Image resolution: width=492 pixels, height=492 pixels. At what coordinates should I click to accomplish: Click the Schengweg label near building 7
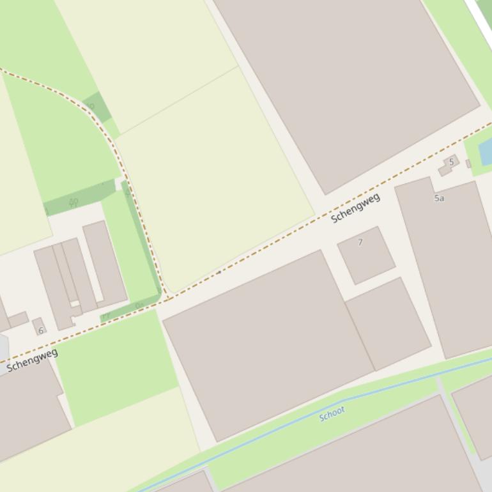click(x=355, y=208)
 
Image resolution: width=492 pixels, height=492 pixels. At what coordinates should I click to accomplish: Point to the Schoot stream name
click(x=332, y=413)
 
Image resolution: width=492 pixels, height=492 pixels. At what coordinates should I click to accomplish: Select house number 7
click(x=360, y=242)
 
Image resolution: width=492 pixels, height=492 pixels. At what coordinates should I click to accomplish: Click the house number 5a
click(x=439, y=198)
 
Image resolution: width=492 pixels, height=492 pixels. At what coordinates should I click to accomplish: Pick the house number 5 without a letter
click(x=451, y=162)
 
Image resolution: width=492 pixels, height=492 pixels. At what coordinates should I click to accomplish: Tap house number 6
click(x=41, y=330)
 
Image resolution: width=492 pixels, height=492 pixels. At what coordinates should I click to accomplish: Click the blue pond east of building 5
click(x=486, y=152)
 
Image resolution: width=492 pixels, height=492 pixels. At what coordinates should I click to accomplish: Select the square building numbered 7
click(x=366, y=255)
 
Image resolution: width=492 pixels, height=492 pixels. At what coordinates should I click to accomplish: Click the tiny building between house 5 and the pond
click(x=468, y=164)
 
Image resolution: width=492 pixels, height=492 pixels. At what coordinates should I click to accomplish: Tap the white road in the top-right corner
click(x=479, y=16)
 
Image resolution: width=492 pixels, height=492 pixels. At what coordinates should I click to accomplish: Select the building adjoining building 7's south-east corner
click(x=388, y=323)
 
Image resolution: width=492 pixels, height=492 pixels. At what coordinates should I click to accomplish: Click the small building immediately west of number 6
click(x=18, y=319)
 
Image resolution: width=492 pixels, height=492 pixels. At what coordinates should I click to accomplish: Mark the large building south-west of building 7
click(x=268, y=345)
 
